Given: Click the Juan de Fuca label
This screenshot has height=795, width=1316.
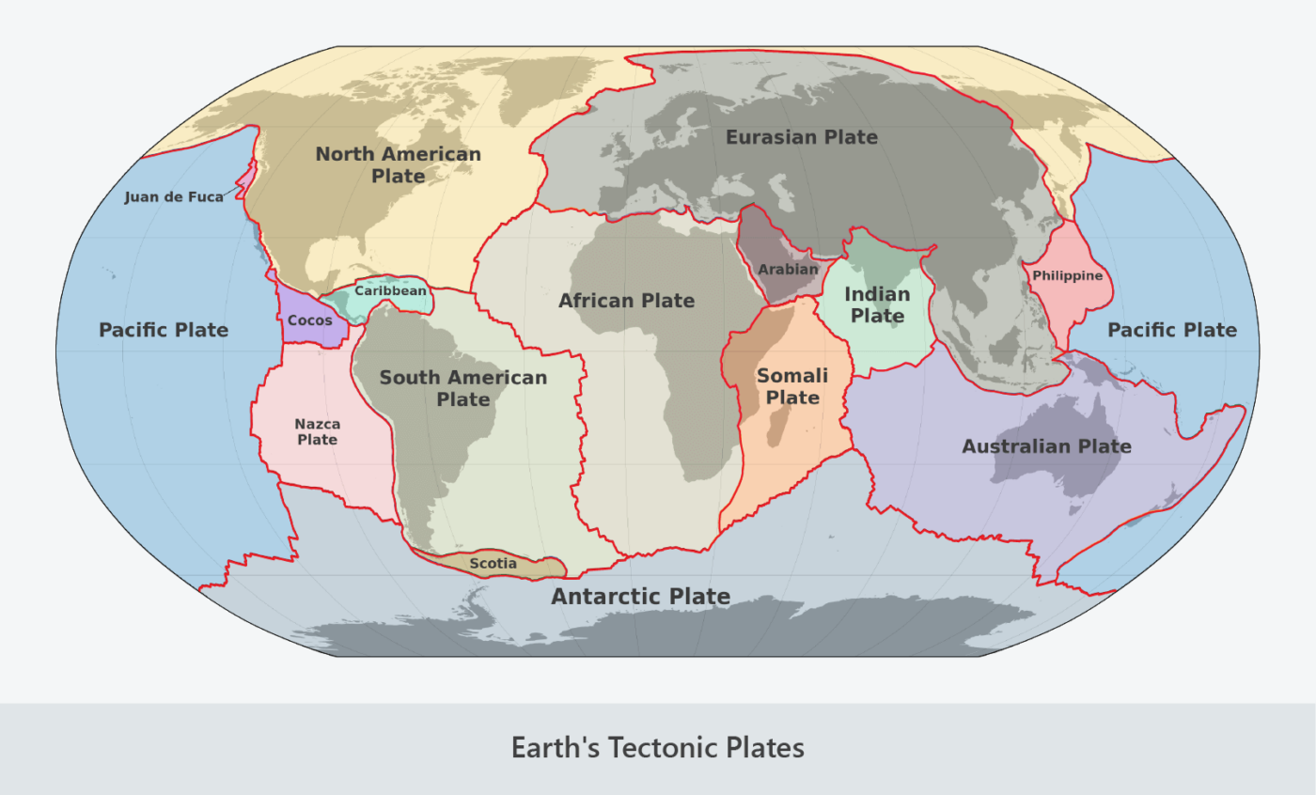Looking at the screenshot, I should (174, 197).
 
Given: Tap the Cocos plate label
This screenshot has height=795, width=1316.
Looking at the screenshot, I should (309, 320).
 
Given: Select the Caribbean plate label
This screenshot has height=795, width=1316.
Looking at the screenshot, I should (390, 290).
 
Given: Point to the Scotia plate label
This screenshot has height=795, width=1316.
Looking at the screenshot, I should (493, 564).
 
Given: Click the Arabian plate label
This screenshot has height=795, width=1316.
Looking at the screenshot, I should (788, 270).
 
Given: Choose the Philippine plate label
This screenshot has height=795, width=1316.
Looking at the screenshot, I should (1067, 275).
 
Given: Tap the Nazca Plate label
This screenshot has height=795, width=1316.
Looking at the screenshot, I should (317, 431).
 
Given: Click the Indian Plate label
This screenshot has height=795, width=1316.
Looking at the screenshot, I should (877, 304).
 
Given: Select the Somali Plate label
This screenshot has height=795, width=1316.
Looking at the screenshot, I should (792, 386).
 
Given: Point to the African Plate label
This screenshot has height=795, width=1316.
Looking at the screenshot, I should (626, 301).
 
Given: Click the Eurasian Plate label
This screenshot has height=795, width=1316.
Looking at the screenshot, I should (801, 137).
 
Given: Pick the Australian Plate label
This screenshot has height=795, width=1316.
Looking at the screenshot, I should (1046, 446).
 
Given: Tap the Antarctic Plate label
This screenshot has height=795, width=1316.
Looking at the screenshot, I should (640, 596).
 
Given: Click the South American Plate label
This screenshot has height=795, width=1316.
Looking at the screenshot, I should (462, 388).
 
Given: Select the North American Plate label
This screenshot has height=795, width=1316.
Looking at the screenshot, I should (398, 164).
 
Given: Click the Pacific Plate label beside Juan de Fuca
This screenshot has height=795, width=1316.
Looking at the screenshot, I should (164, 330).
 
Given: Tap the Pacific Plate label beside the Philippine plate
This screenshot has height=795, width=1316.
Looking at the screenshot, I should (1171, 330).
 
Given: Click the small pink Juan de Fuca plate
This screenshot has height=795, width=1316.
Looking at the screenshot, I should (245, 179).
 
